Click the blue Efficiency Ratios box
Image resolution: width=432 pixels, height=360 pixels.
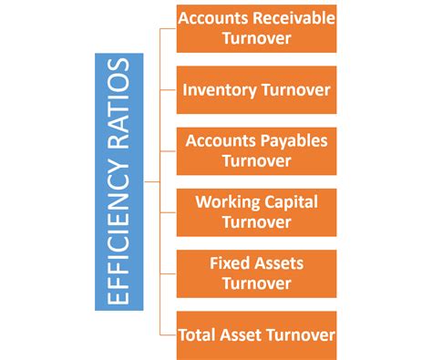click(118, 181)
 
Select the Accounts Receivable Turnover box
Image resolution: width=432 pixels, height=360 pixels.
click(256, 28)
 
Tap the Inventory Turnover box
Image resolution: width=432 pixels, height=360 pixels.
click(256, 90)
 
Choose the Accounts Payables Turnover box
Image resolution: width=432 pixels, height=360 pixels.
click(256, 151)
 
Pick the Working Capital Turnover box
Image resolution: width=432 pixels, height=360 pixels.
click(256, 211)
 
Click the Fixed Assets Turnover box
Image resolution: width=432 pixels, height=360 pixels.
click(256, 273)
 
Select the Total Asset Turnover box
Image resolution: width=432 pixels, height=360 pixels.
click(256, 334)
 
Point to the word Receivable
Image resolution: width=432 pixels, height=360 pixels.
click(290, 19)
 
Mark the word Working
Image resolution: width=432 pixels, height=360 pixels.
click(229, 201)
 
